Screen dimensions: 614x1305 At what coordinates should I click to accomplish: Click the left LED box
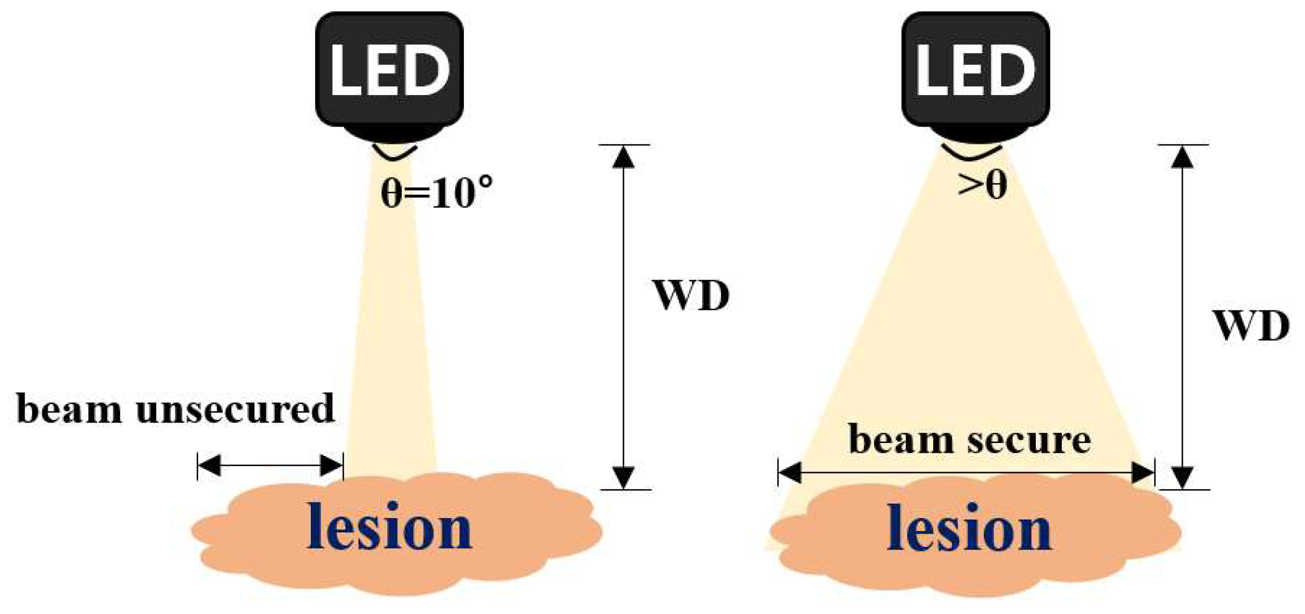(x=389, y=71)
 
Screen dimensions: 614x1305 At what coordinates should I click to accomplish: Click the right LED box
(x=975, y=71)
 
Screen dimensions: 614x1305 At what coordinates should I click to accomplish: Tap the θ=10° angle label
(x=437, y=192)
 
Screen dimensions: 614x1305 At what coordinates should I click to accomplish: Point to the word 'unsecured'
(x=235, y=408)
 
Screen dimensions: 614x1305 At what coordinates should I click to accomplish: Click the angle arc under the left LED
(x=395, y=153)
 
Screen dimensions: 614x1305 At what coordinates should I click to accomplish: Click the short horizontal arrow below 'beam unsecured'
(x=270, y=465)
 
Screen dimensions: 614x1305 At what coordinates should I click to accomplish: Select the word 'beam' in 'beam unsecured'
(x=70, y=408)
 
